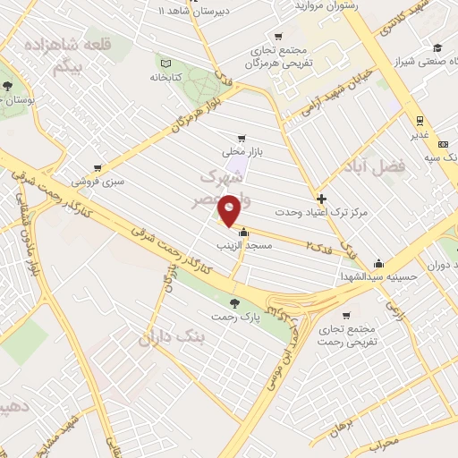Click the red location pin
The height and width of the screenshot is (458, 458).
click(230, 210)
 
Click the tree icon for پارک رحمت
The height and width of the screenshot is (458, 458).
click(235, 302)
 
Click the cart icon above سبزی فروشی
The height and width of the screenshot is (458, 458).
click(98, 167)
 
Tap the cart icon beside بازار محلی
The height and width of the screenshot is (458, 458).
click(242, 139)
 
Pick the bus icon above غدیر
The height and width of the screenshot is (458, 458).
click(419, 121)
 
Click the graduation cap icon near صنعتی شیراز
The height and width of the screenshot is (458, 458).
click(437, 47)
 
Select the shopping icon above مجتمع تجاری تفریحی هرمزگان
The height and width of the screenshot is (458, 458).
click(278, 37)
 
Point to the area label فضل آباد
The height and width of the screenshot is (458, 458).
click(375, 166)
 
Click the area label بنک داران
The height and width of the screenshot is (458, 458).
click(172, 337)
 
